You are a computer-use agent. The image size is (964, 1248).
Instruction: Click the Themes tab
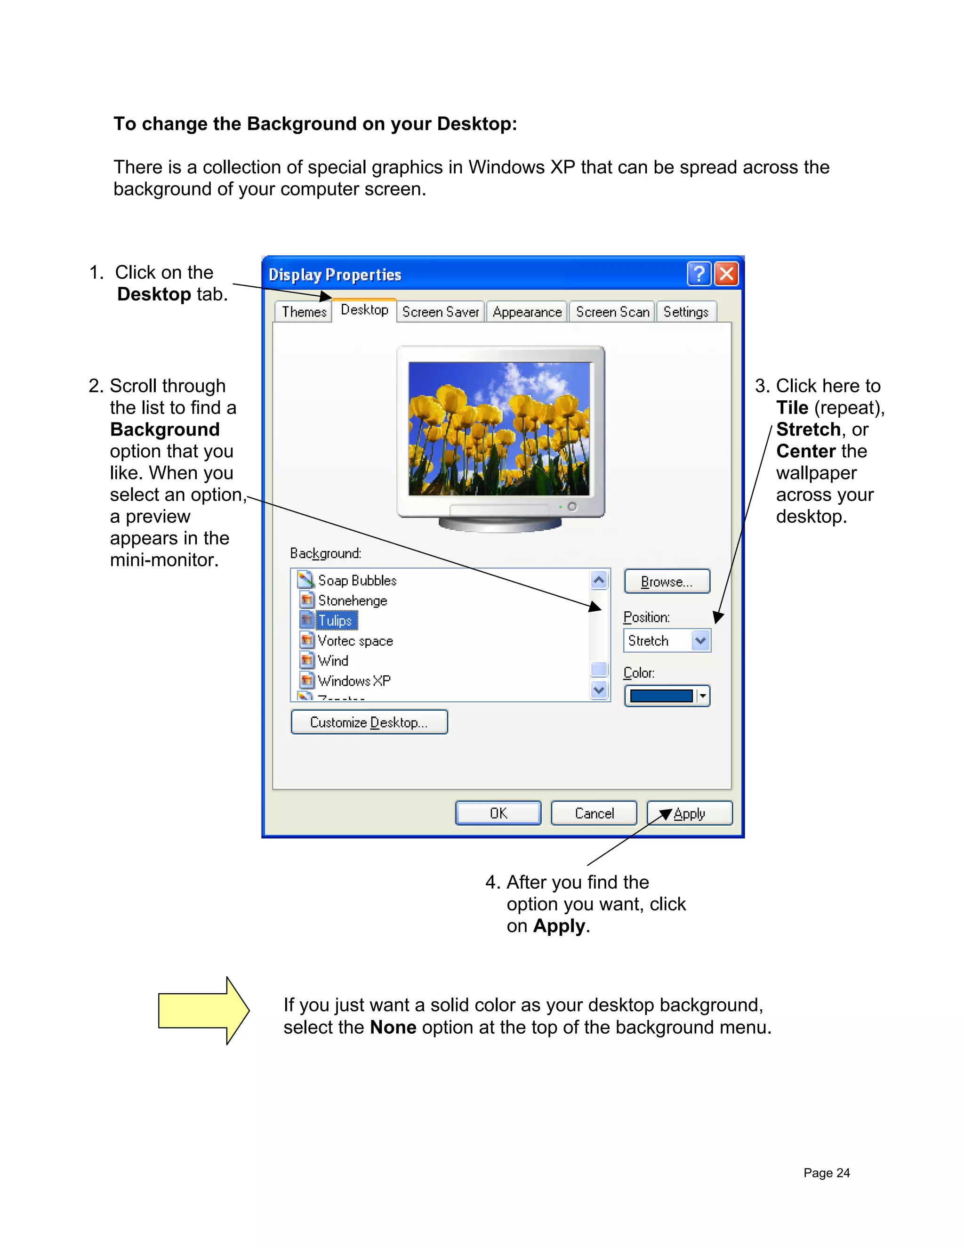(303, 312)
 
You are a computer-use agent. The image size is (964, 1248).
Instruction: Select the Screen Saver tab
(440, 312)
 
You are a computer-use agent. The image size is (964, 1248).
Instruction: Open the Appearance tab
(527, 312)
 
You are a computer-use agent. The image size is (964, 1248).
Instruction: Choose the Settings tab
(685, 312)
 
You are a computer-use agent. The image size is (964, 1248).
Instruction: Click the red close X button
(726, 274)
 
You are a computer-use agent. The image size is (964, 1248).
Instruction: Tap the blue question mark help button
(699, 274)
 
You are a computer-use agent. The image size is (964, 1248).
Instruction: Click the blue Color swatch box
(661, 696)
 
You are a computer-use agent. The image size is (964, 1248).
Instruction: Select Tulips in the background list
(335, 621)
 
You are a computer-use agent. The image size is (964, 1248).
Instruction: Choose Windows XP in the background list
(353, 681)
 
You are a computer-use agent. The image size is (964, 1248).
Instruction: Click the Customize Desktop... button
(369, 722)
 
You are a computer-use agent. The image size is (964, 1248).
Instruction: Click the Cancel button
(594, 813)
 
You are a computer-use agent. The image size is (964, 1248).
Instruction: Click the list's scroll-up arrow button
(599, 581)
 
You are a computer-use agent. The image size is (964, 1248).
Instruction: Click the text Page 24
(827, 1173)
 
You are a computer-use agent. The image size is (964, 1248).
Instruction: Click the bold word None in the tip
(393, 1028)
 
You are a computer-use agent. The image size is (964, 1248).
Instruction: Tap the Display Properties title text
(335, 275)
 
